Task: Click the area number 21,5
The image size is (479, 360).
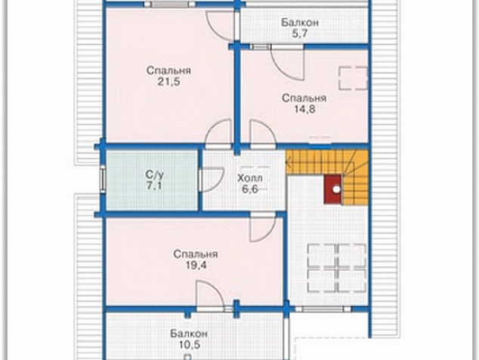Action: [x=168, y=82]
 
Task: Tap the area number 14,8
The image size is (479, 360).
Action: [x=304, y=109]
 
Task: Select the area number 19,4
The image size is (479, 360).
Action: [x=196, y=265]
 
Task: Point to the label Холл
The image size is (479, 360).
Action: [x=250, y=178]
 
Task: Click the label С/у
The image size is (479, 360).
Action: [x=155, y=175]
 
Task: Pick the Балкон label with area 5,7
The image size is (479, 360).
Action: [x=300, y=23]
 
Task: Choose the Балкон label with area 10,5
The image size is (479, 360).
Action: [x=189, y=333]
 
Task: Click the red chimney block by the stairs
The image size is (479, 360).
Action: [x=333, y=189]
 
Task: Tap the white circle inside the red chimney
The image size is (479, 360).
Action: [x=337, y=189]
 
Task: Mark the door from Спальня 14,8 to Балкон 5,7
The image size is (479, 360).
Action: [x=287, y=63]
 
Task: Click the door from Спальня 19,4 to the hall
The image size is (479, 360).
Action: [x=263, y=228]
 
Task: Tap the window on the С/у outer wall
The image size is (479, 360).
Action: [x=102, y=179]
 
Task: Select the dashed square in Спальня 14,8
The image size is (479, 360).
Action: [x=353, y=78]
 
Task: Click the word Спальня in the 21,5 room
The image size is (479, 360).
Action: [x=168, y=70]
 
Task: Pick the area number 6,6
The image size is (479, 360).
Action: [x=250, y=189]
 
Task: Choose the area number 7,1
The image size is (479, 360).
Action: [x=154, y=185]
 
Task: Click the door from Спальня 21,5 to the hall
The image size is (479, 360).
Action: [x=218, y=134]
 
